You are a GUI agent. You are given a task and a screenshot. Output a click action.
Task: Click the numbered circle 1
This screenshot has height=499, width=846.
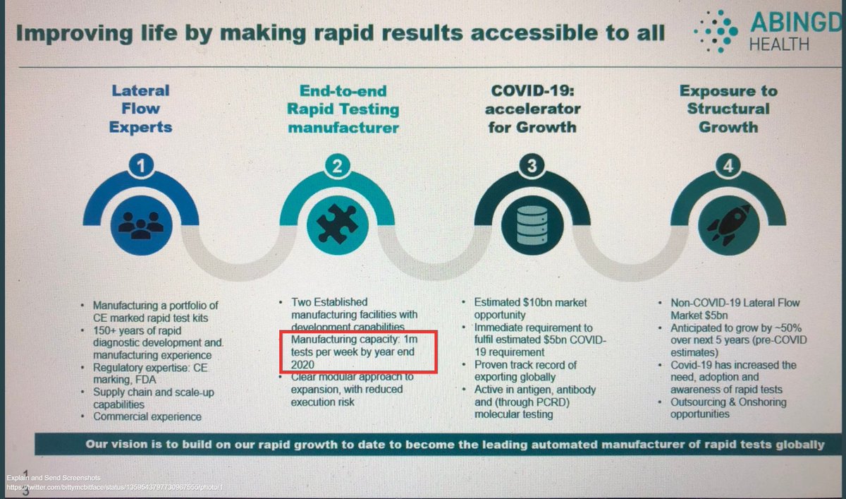(x=141, y=167)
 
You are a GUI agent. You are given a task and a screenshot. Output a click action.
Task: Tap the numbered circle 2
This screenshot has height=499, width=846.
(x=338, y=167)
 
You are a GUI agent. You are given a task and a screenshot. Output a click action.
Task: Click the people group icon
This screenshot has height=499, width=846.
(x=141, y=223)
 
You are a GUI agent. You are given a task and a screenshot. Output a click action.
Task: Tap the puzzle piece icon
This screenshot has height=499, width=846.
(x=338, y=223)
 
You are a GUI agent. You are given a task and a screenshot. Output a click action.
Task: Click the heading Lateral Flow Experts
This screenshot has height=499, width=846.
(x=141, y=109)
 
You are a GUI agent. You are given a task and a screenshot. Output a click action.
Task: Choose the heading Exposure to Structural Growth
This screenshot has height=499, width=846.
(x=729, y=109)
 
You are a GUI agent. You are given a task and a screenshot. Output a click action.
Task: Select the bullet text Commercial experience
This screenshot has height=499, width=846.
(x=147, y=416)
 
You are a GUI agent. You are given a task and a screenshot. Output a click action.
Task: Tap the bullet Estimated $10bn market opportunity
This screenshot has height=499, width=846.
(x=529, y=308)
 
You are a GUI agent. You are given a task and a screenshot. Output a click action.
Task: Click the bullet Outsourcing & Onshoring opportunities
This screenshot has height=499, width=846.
(x=728, y=408)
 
